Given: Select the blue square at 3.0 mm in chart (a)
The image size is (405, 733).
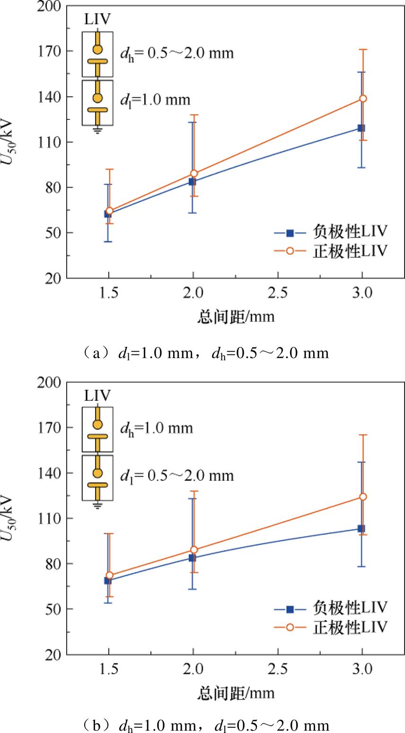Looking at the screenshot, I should (x=361, y=128).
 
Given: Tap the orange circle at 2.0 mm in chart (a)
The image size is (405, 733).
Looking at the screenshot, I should (x=194, y=173).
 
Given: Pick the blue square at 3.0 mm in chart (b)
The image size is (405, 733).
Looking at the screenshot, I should (x=361, y=528).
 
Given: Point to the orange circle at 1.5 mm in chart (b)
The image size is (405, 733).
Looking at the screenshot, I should (x=109, y=575).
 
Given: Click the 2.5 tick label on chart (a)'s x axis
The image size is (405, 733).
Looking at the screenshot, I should (x=277, y=294).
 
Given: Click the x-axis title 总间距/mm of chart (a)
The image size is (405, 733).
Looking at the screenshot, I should (x=235, y=317).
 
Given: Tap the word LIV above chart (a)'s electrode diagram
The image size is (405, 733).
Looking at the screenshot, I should (x=97, y=20).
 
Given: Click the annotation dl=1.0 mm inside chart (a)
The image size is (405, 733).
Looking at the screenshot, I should (x=155, y=100).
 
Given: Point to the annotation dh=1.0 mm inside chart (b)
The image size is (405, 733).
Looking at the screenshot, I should (x=156, y=428).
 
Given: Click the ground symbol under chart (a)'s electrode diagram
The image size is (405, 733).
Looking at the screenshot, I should (x=97, y=130).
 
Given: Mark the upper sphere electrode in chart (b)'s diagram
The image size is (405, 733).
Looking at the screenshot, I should (x=97, y=424).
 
